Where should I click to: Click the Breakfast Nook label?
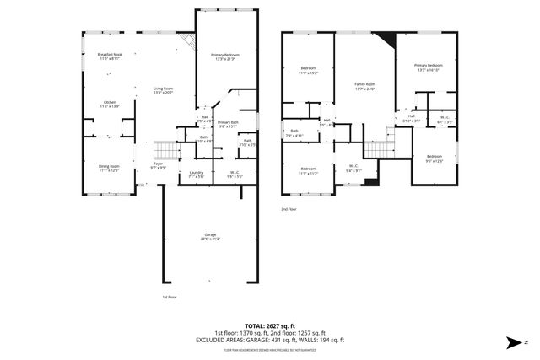(x=110, y=57)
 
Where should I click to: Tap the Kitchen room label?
(x=110, y=105)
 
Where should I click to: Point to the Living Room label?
(x=163, y=90)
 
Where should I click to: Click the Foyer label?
(x=158, y=166)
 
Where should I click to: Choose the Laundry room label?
(x=196, y=175)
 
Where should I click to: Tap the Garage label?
(x=210, y=237)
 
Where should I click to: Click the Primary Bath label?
(x=228, y=125)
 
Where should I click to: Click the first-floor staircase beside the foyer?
(x=168, y=149)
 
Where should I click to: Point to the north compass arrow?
(x=513, y=341)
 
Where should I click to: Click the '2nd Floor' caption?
(x=289, y=210)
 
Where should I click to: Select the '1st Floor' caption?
(x=170, y=297)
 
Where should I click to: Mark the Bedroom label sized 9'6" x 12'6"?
(x=434, y=159)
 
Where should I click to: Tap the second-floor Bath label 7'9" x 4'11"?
(x=295, y=132)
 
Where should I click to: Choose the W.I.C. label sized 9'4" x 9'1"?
(x=354, y=169)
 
